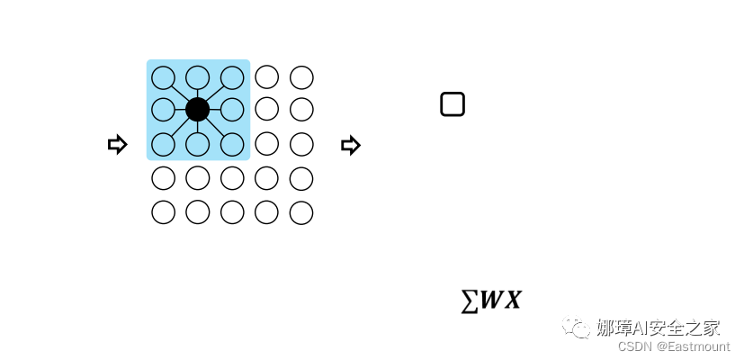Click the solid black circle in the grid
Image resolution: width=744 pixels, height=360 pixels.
click(x=198, y=110)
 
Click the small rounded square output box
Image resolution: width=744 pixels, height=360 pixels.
click(x=453, y=104)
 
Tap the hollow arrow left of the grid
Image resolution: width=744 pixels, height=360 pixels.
click(x=117, y=144)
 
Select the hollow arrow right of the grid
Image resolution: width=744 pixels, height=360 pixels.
click(x=351, y=145)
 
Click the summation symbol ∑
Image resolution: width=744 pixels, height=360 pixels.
click(x=469, y=301)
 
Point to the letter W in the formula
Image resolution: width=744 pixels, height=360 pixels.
click(x=490, y=301)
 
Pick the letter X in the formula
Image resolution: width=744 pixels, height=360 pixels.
click(x=512, y=301)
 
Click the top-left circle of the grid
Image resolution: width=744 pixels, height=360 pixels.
click(x=163, y=77)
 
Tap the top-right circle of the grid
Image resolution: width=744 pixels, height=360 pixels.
click(x=301, y=77)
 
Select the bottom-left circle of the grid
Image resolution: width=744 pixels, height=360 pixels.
click(x=163, y=212)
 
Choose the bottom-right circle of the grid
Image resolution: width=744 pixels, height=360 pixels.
click(x=301, y=212)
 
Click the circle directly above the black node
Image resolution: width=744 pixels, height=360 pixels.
click(x=198, y=77)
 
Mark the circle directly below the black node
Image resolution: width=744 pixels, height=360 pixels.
click(x=198, y=144)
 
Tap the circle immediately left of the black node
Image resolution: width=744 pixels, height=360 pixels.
click(x=163, y=110)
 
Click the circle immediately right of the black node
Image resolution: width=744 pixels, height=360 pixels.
click(x=232, y=110)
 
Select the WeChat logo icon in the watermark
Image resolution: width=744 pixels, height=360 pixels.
click(x=577, y=327)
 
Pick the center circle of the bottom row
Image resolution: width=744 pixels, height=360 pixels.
click(x=232, y=212)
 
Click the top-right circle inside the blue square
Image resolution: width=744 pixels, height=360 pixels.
click(x=232, y=77)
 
